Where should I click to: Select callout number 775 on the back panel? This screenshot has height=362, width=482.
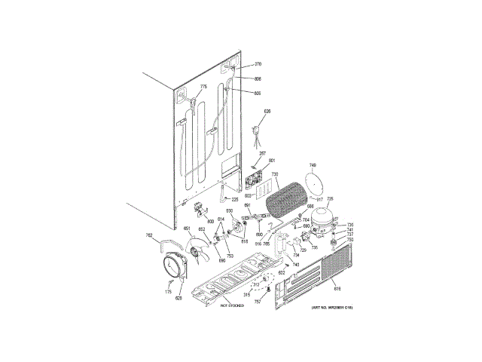(203, 87)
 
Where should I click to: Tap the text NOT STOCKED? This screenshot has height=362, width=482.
(233, 306)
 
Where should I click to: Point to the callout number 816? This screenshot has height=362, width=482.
(337, 287)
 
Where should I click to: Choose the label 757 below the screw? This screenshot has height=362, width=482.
(257, 301)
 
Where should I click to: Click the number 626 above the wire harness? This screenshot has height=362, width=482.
(266, 112)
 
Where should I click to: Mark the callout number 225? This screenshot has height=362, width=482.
(234, 199)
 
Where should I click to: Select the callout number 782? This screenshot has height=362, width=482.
(149, 236)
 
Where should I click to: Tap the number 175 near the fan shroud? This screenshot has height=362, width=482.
(169, 290)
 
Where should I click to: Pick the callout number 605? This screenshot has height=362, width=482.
(257, 94)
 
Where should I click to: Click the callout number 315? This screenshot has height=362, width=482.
(246, 294)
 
